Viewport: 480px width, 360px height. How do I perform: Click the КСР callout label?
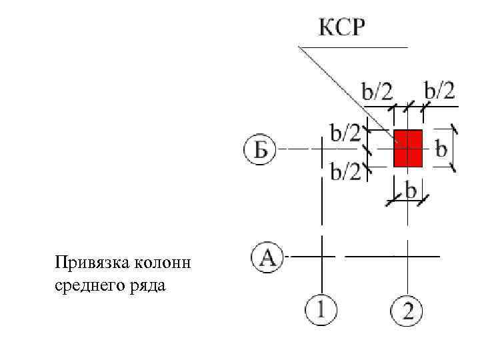click(x=344, y=28)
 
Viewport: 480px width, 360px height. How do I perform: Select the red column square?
click(x=408, y=148)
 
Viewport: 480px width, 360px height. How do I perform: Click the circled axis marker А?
click(x=267, y=257)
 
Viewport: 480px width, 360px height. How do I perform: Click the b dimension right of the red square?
click(x=441, y=147)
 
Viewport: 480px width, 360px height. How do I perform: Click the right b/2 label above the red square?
click(x=439, y=90)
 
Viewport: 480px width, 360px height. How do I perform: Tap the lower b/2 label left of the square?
click(x=345, y=171)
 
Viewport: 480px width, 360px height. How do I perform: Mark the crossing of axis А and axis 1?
click(x=321, y=255)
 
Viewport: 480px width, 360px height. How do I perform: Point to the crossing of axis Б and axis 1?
click(x=321, y=148)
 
